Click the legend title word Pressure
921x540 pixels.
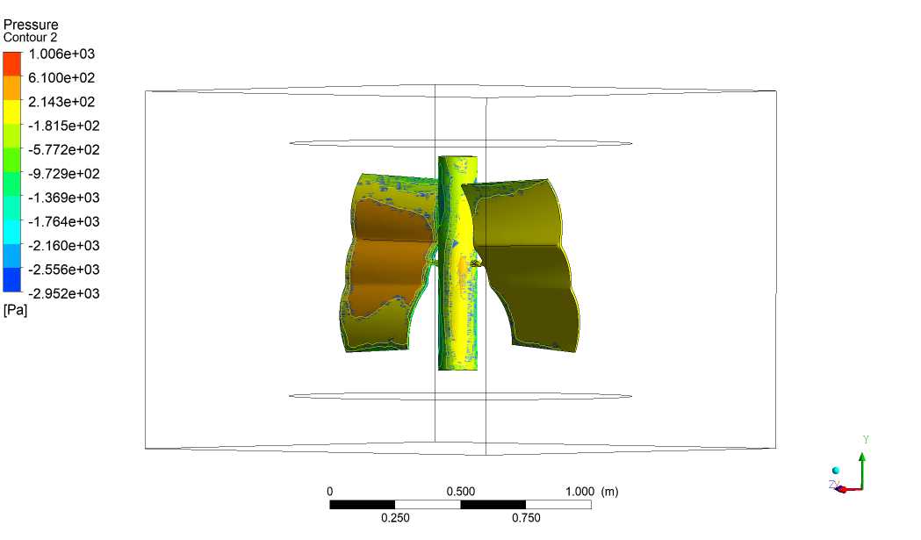pyautogui.click(x=31, y=25)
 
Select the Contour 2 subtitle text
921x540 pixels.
pyautogui.click(x=30, y=38)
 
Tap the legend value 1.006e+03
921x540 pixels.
pyautogui.click(x=61, y=54)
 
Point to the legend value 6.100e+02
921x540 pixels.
pyautogui.click(x=61, y=78)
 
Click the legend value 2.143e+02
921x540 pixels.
pyautogui.click(x=61, y=102)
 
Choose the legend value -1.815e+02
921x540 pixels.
pyautogui.click(x=64, y=126)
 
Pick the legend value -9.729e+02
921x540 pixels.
pyautogui.click(x=64, y=174)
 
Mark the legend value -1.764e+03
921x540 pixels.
pyautogui.click(x=64, y=222)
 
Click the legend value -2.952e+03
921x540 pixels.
pyautogui.click(x=64, y=294)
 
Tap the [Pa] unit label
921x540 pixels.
pyautogui.click(x=15, y=310)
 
